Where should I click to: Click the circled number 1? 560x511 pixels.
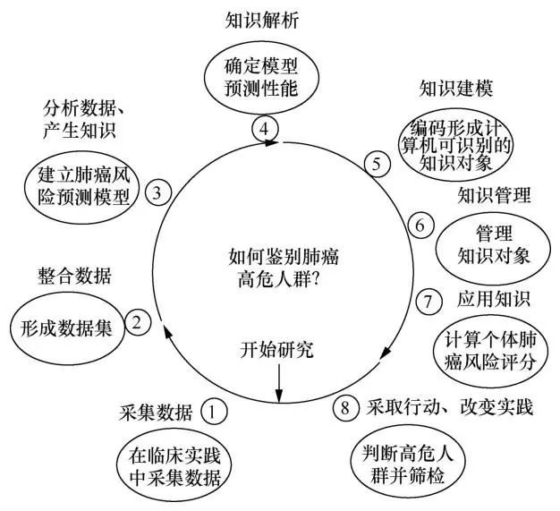[x=213, y=412]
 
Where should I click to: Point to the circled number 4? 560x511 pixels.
[x=264, y=129]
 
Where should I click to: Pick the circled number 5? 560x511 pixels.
[x=377, y=163]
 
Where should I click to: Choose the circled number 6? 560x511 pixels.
[x=418, y=225]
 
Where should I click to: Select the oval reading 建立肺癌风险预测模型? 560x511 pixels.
[x=83, y=183]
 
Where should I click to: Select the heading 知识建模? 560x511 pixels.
[x=456, y=89]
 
